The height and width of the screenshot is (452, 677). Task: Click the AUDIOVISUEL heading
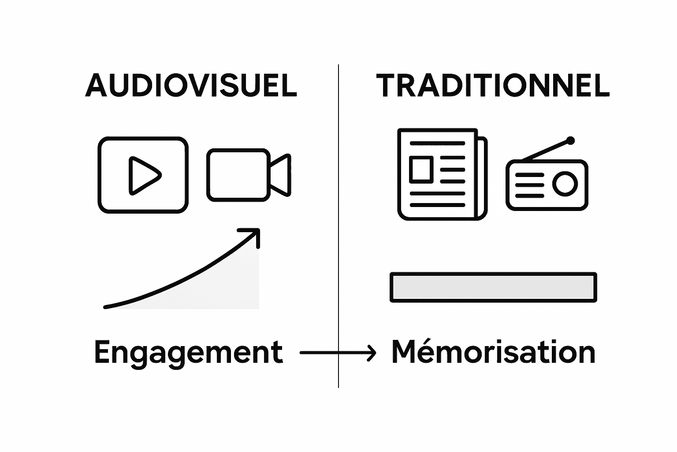point(191,85)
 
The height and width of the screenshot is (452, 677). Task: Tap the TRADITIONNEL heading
point(493,85)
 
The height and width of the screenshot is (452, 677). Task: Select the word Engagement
point(188,353)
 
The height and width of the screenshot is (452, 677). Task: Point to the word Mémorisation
point(493,352)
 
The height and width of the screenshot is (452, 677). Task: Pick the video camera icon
point(249,175)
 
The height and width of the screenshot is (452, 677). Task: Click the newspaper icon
point(442,174)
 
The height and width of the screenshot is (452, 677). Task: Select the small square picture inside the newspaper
point(420,169)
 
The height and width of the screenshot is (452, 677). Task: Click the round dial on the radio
point(565,184)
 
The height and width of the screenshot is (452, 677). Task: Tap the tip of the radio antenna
point(570,141)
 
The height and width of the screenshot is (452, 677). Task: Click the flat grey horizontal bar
point(493,287)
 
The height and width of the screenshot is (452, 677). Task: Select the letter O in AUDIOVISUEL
point(182,85)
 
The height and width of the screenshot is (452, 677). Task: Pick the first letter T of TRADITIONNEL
point(387,85)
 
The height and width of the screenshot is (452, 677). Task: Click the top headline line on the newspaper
point(437,143)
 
